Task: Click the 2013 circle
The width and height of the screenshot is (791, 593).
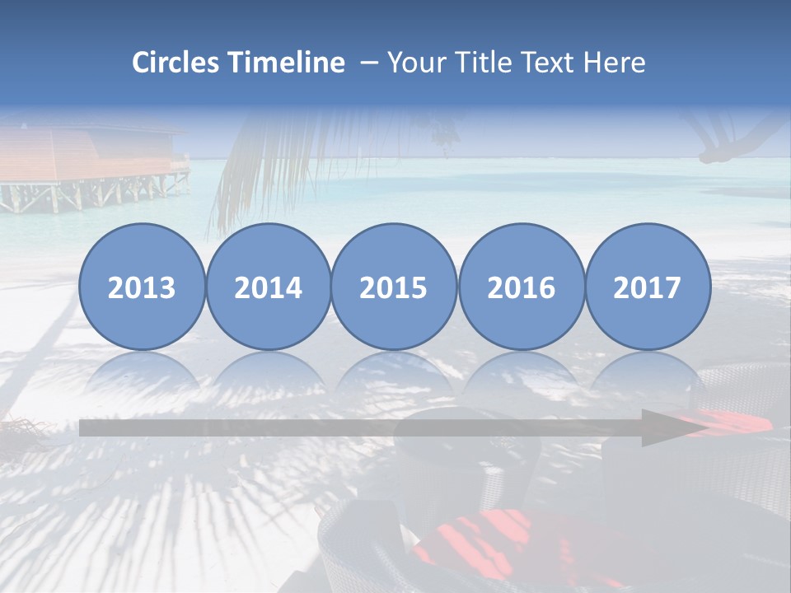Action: (x=142, y=287)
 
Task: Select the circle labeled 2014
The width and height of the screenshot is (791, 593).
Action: (x=268, y=287)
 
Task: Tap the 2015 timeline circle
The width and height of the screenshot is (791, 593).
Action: (x=394, y=287)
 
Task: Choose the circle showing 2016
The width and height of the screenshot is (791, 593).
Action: (x=521, y=287)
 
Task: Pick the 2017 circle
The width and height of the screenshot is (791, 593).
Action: (x=647, y=287)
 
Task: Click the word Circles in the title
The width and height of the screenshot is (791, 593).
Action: (x=176, y=63)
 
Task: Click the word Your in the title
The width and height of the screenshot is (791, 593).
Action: (x=417, y=63)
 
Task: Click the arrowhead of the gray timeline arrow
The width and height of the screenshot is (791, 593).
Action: (x=669, y=428)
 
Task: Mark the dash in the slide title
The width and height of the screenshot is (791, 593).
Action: (x=369, y=63)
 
